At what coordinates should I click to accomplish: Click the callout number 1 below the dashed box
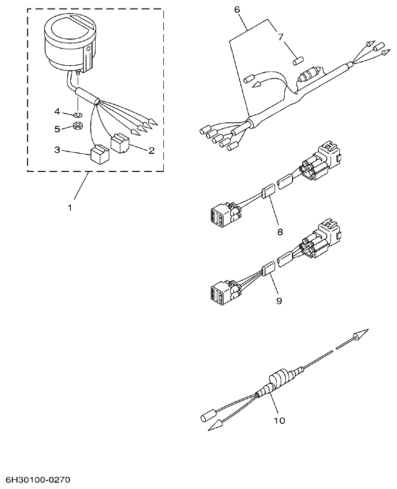70,208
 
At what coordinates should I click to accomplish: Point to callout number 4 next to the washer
57,111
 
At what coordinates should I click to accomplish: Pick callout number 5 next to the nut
57,129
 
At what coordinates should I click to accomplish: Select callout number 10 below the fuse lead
279,420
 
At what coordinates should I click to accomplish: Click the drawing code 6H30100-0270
38,479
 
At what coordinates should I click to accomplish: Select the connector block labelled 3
98,153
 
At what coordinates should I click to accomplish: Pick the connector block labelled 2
120,143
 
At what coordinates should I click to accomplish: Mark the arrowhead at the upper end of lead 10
360,334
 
